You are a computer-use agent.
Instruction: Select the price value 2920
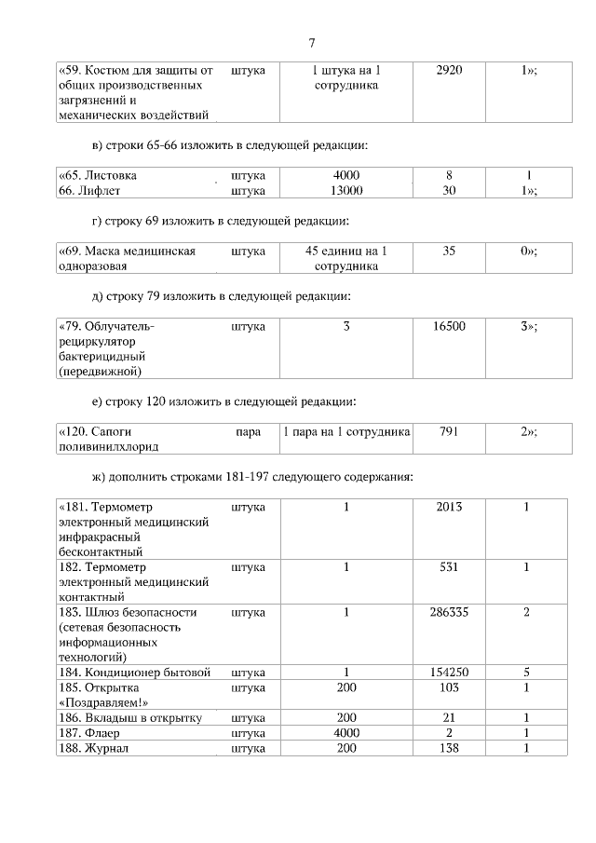(x=449, y=70)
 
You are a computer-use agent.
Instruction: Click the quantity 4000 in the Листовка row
(x=345, y=175)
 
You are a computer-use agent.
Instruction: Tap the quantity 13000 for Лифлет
(x=345, y=190)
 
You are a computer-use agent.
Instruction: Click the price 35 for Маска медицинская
(x=449, y=251)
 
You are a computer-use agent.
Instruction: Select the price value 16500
(x=449, y=326)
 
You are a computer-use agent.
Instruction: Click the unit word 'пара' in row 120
(x=248, y=431)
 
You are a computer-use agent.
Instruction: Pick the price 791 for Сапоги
(x=449, y=431)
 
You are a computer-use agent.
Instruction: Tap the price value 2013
(x=449, y=507)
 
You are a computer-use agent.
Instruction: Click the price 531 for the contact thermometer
(x=449, y=566)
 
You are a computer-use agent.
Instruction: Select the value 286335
(x=449, y=612)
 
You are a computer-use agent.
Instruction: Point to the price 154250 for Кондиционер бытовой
(x=449, y=672)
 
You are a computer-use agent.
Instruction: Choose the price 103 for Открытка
(x=449, y=687)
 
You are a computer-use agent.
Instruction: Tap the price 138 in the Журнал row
(x=449, y=747)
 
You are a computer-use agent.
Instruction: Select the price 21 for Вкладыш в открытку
(x=449, y=717)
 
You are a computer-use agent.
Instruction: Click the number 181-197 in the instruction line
(x=250, y=477)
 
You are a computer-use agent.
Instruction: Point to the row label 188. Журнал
(x=93, y=747)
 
